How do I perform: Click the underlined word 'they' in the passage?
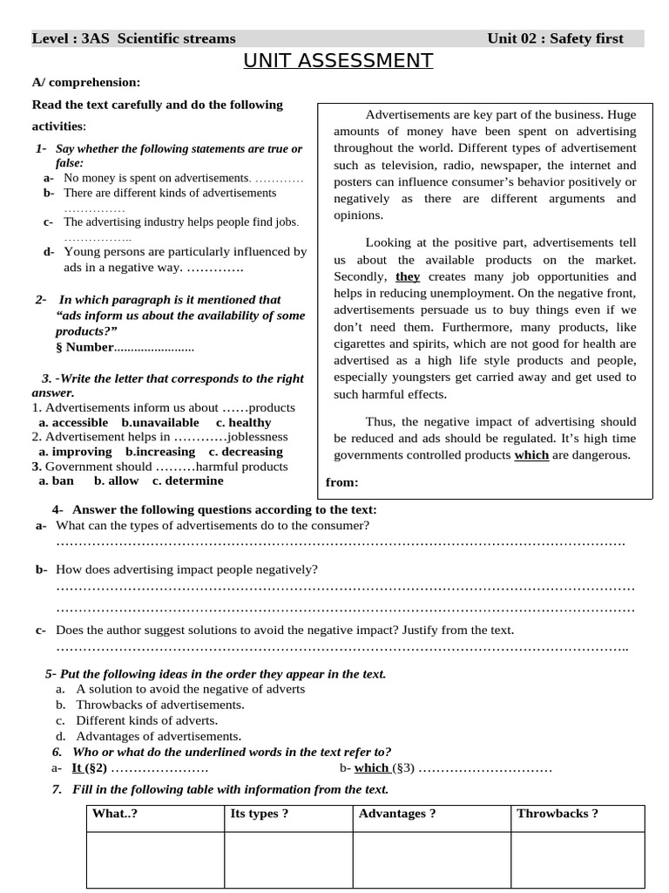pyautogui.click(x=408, y=276)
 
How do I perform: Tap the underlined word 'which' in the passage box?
pyautogui.click(x=531, y=454)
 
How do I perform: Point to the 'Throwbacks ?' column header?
pyautogui.click(x=557, y=814)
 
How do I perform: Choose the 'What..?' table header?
pyautogui.click(x=115, y=814)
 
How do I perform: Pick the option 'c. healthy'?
pyautogui.click(x=244, y=422)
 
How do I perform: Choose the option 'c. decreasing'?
pyautogui.click(x=246, y=452)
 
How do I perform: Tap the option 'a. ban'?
pyautogui.click(x=57, y=481)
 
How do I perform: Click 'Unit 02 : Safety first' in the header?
pyautogui.click(x=555, y=38)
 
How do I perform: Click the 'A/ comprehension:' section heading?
pyautogui.click(x=85, y=82)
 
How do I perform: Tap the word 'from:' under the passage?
pyautogui.click(x=341, y=482)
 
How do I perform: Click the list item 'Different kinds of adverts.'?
pyautogui.click(x=146, y=720)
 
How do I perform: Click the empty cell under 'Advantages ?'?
pyautogui.click(x=430, y=859)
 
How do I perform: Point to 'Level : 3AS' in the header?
pyautogui.click(x=71, y=38)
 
